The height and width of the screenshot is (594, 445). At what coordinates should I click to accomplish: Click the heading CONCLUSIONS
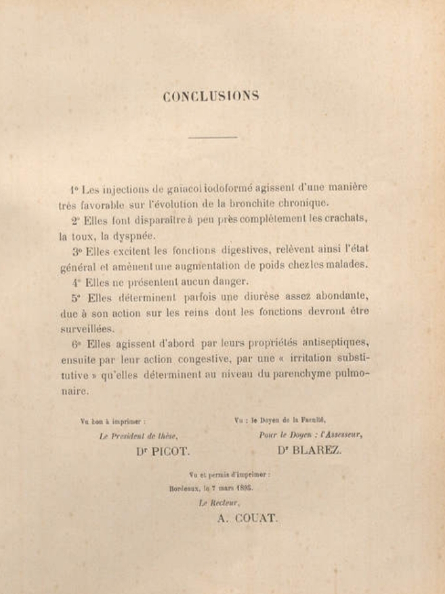(x=211, y=96)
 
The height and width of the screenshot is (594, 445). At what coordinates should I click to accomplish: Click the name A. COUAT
(x=247, y=519)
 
